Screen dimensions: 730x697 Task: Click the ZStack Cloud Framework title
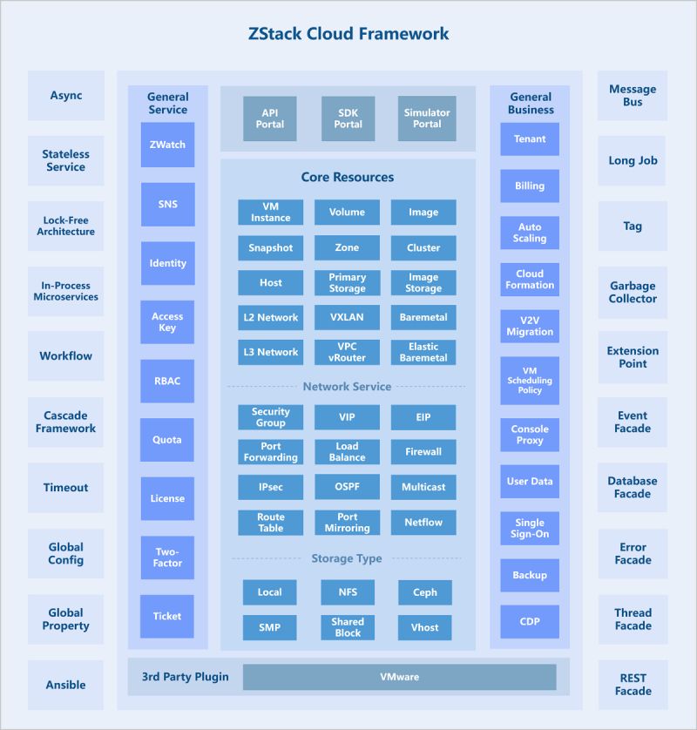[x=348, y=34]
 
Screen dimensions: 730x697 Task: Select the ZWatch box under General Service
[x=167, y=145]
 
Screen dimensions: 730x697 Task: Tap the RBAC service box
[x=167, y=381]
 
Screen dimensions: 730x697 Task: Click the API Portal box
[x=270, y=118]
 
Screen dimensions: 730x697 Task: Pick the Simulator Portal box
[x=427, y=118]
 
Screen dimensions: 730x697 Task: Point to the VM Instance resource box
[x=271, y=213]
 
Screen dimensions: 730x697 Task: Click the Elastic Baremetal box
[x=423, y=352]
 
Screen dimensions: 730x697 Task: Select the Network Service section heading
[x=347, y=387]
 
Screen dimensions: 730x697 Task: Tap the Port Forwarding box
[x=271, y=452]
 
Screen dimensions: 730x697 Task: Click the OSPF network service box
[x=347, y=487]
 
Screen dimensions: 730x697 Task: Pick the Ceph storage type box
[x=425, y=592]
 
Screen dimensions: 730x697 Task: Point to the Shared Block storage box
[x=347, y=627]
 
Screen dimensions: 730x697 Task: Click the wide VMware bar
[x=399, y=677]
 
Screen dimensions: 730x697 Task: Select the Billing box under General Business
[x=530, y=186]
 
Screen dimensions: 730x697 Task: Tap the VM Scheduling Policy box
[x=530, y=381]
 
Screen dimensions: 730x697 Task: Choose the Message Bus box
[x=633, y=96]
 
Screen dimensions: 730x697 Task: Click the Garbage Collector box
[x=633, y=293]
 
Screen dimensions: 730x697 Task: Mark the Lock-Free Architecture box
[x=65, y=226]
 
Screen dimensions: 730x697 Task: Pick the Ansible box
[x=65, y=685]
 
